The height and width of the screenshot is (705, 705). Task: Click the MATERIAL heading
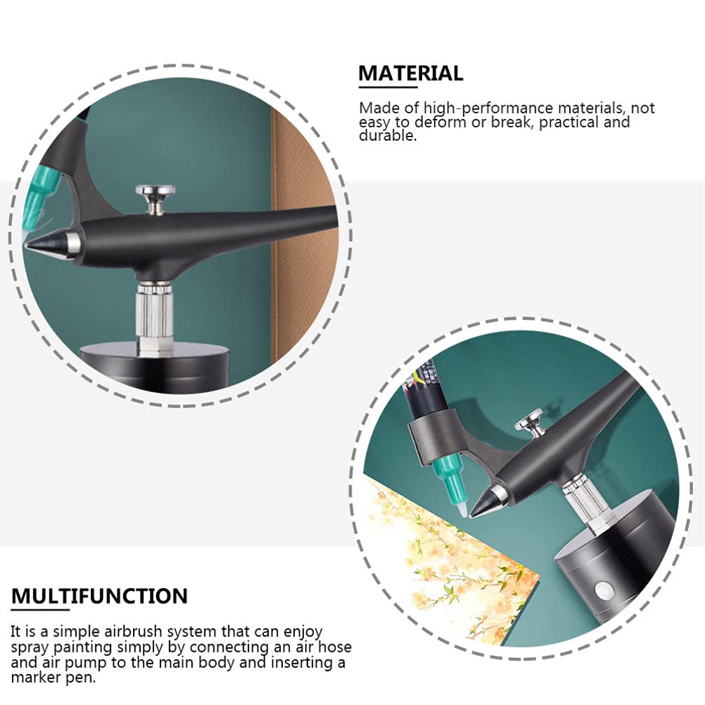tap(410, 73)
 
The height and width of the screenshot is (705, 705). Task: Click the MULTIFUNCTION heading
tap(99, 596)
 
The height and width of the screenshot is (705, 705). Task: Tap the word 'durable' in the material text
tap(386, 136)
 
